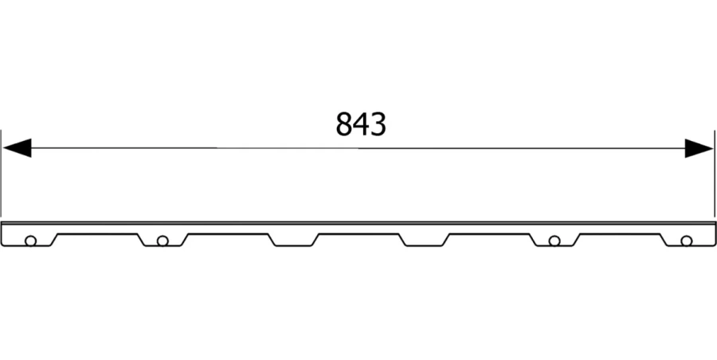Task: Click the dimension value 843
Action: pos(360,124)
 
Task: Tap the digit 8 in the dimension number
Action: pos(343,124)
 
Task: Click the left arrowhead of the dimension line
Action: pos(16,147)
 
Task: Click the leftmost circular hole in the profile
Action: pos(30,241)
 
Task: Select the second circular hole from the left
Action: pos(162,241)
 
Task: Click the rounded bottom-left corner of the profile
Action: pos(4,245)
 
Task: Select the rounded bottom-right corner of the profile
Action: pos(712,245)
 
